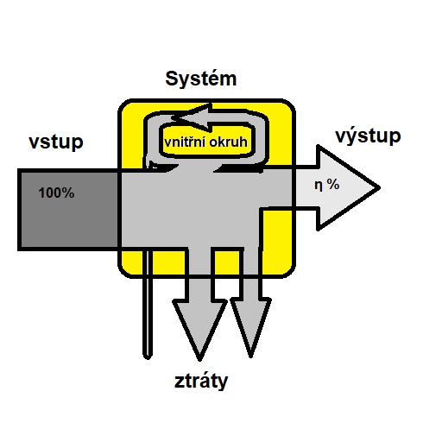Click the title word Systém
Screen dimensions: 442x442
click(x=201, y=79)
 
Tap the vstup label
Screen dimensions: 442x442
click(x=56, y=142)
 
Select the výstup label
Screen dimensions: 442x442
click(x=368, y=136)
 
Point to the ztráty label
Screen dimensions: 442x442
click(x=201, y=381)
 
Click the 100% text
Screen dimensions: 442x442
click(x=56, y=193)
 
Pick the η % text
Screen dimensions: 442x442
click(x=327, y=185)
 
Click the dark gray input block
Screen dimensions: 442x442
click(x=68, y=210)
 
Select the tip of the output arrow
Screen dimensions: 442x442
click(x=380, y=187)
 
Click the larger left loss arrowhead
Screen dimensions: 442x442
click(x=199, y=330)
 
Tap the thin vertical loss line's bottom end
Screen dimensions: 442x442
click(x=148, y=357)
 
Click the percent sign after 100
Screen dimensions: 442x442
click(x=68, y=193)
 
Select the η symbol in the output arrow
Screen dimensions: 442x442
click(x=318, y=186)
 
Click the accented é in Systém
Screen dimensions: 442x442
click(x=209, y=79)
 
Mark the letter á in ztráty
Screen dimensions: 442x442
click(x=201, y=380)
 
